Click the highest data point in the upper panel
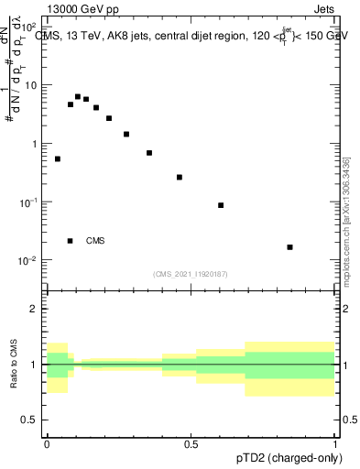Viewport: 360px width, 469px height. (x=78, y=96)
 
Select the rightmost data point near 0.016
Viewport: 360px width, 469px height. (x=289, y=247)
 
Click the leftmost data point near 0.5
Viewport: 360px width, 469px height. (x=57, y=159)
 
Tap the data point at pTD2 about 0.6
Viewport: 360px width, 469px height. (x=221, y=205)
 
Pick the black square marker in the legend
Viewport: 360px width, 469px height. (x=71, y=241)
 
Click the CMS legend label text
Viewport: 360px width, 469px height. (x=95, y=241)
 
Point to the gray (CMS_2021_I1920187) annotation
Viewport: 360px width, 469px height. (x=191, y=273)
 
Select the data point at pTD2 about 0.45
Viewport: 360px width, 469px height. (x=180, y=177)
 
